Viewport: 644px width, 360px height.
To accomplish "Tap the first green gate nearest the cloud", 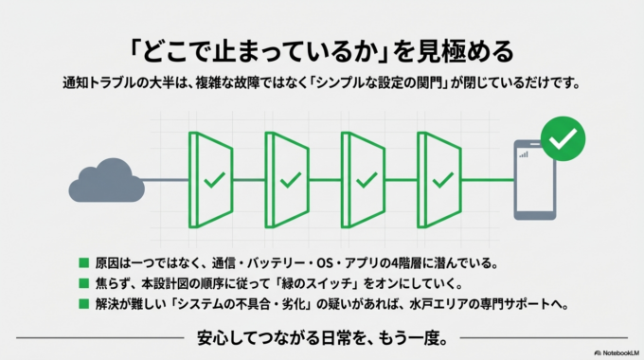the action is pos(213,179).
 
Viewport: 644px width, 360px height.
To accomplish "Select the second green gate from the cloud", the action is pos(289,179).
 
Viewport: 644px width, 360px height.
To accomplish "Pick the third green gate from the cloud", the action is pos(365,179).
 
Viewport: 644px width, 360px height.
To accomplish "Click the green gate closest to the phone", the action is pos(440,179).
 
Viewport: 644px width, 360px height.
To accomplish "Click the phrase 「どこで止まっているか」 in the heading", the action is pos(257,48).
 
